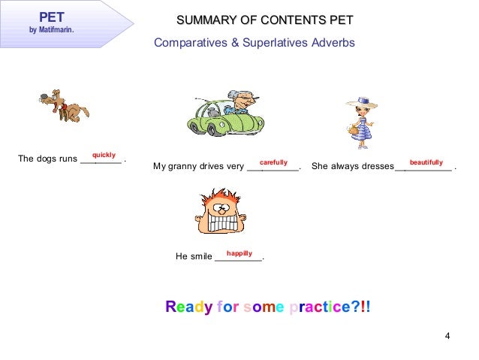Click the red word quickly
click(x=104, y=155)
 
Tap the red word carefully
click(x=273, y=162)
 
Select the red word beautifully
click(x=426, y=162)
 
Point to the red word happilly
click(x=239, y=253)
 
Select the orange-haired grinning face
click(x=223, y=212)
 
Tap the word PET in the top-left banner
click(x=52, y=16)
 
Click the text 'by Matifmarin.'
click(x=52, y=31)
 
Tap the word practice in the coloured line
click(x=315, y=307)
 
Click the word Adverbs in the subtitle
click(x=328, y=43)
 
